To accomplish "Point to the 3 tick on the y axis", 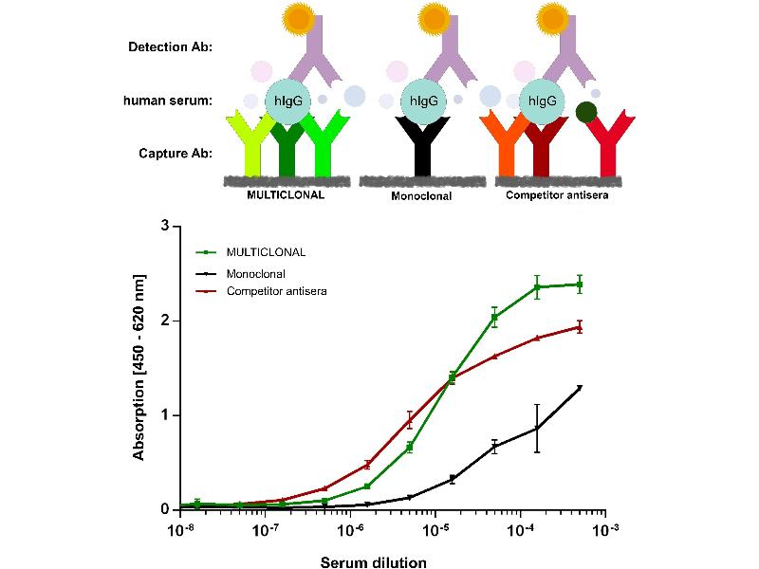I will pos(164,227).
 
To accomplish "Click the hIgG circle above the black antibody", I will pos(423,100).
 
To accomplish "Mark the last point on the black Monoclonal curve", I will pos(579,387).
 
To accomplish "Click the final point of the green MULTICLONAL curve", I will pos(579,284).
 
